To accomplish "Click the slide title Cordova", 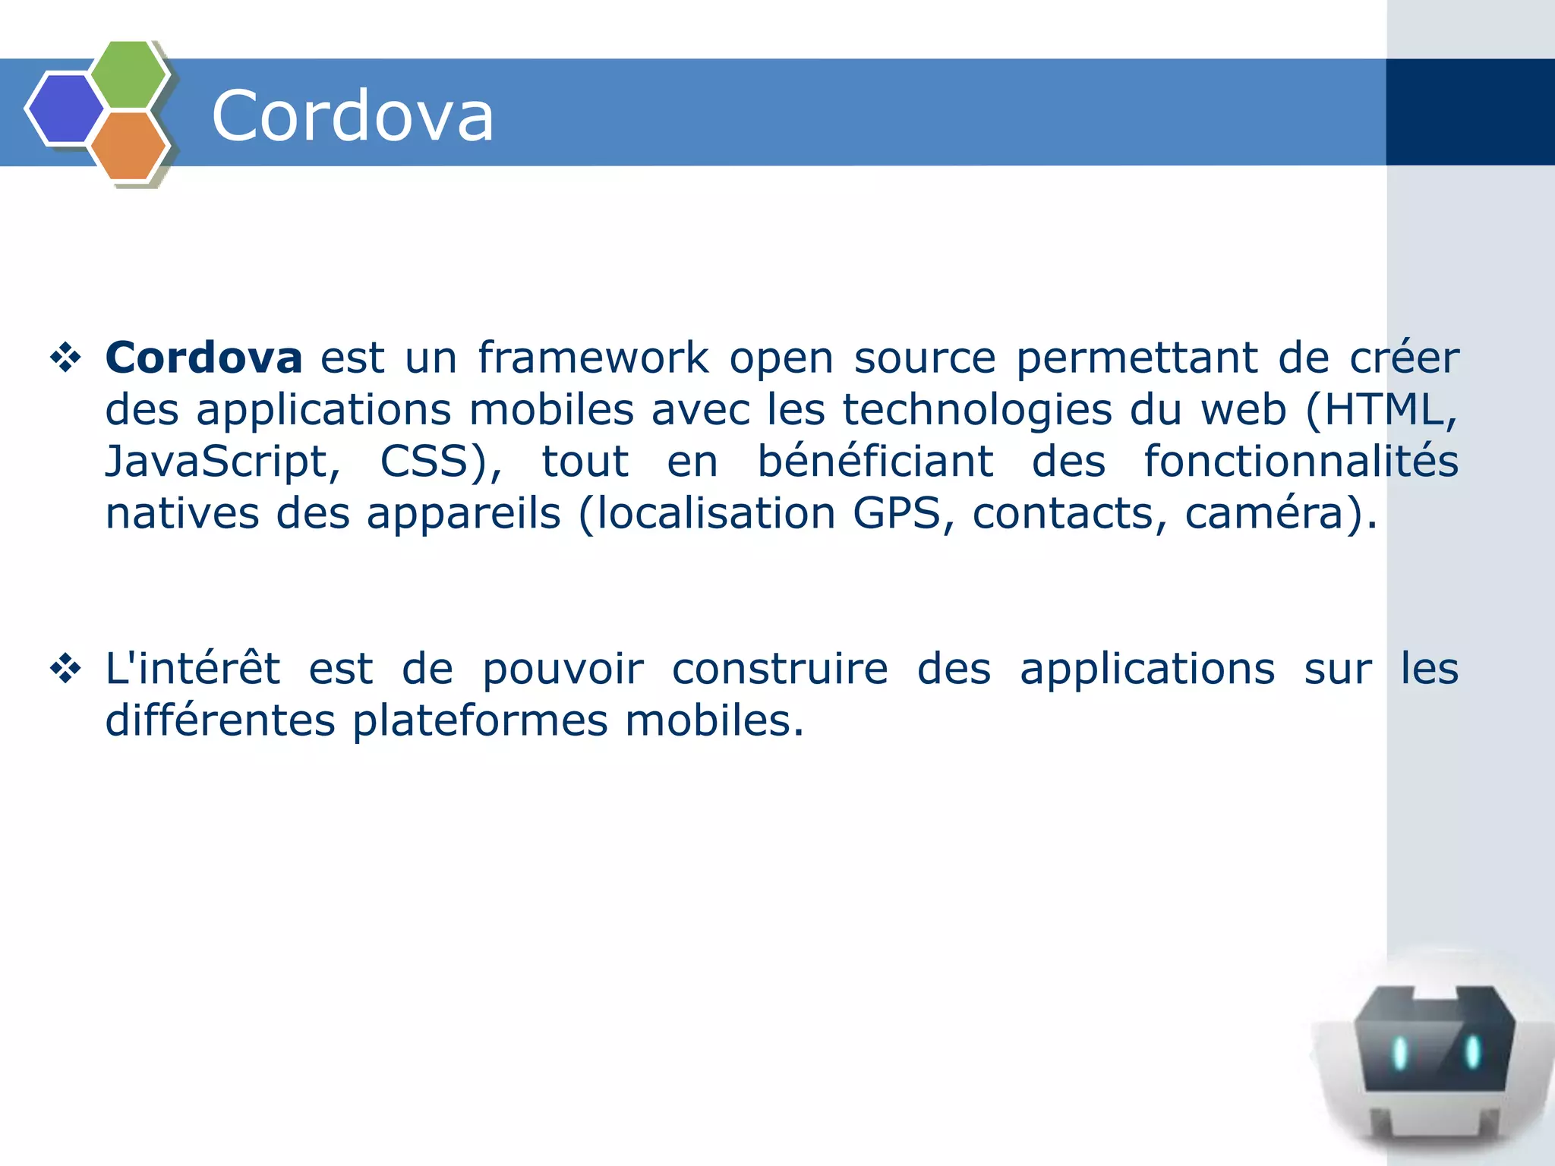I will (352, 115).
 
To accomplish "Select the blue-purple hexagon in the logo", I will (65, 108).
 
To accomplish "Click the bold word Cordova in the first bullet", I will (203, 358).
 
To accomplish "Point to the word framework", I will (593, 358).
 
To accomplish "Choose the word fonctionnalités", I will (1301, 462).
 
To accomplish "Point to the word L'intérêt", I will (193, 669).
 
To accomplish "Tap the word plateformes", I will (480, 720).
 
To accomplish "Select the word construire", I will (780, 669).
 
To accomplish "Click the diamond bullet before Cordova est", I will (66, 358).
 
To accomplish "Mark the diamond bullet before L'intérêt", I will (66, 670).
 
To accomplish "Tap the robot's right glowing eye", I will (1472, 1051).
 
